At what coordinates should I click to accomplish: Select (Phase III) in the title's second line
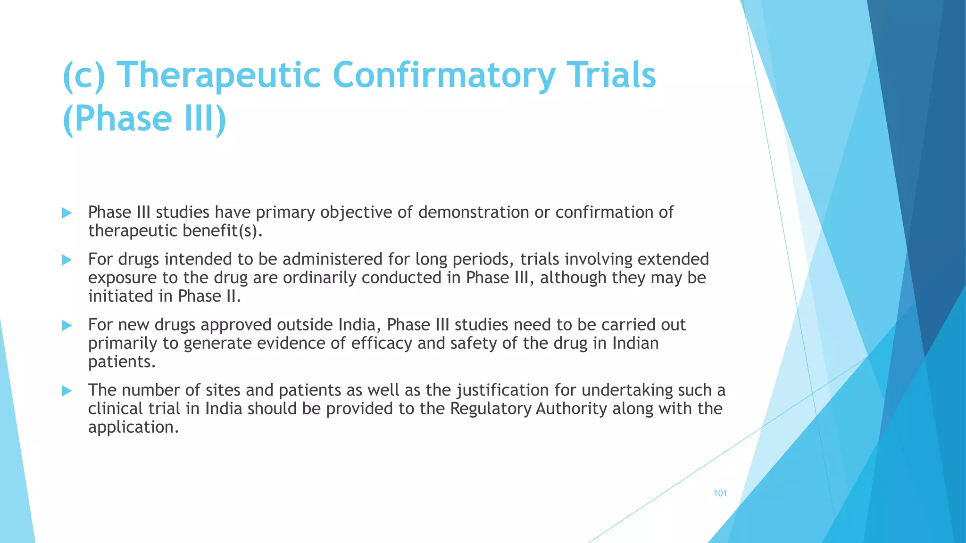click(144, 118)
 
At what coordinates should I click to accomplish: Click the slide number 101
click(720, 494)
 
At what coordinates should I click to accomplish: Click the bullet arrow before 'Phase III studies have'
click(67, 213)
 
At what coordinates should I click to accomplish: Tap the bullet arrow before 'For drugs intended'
click(67, 260)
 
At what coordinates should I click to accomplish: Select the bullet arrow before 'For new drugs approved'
click(67, 325)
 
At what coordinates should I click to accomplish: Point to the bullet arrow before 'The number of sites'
click(67, 391)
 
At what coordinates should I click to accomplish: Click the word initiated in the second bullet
click(120, 296)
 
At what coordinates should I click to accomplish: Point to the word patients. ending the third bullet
click(122, 362)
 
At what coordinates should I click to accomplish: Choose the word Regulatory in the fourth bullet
click(491, 409)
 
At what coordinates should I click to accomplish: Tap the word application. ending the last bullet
click(133, 427)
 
